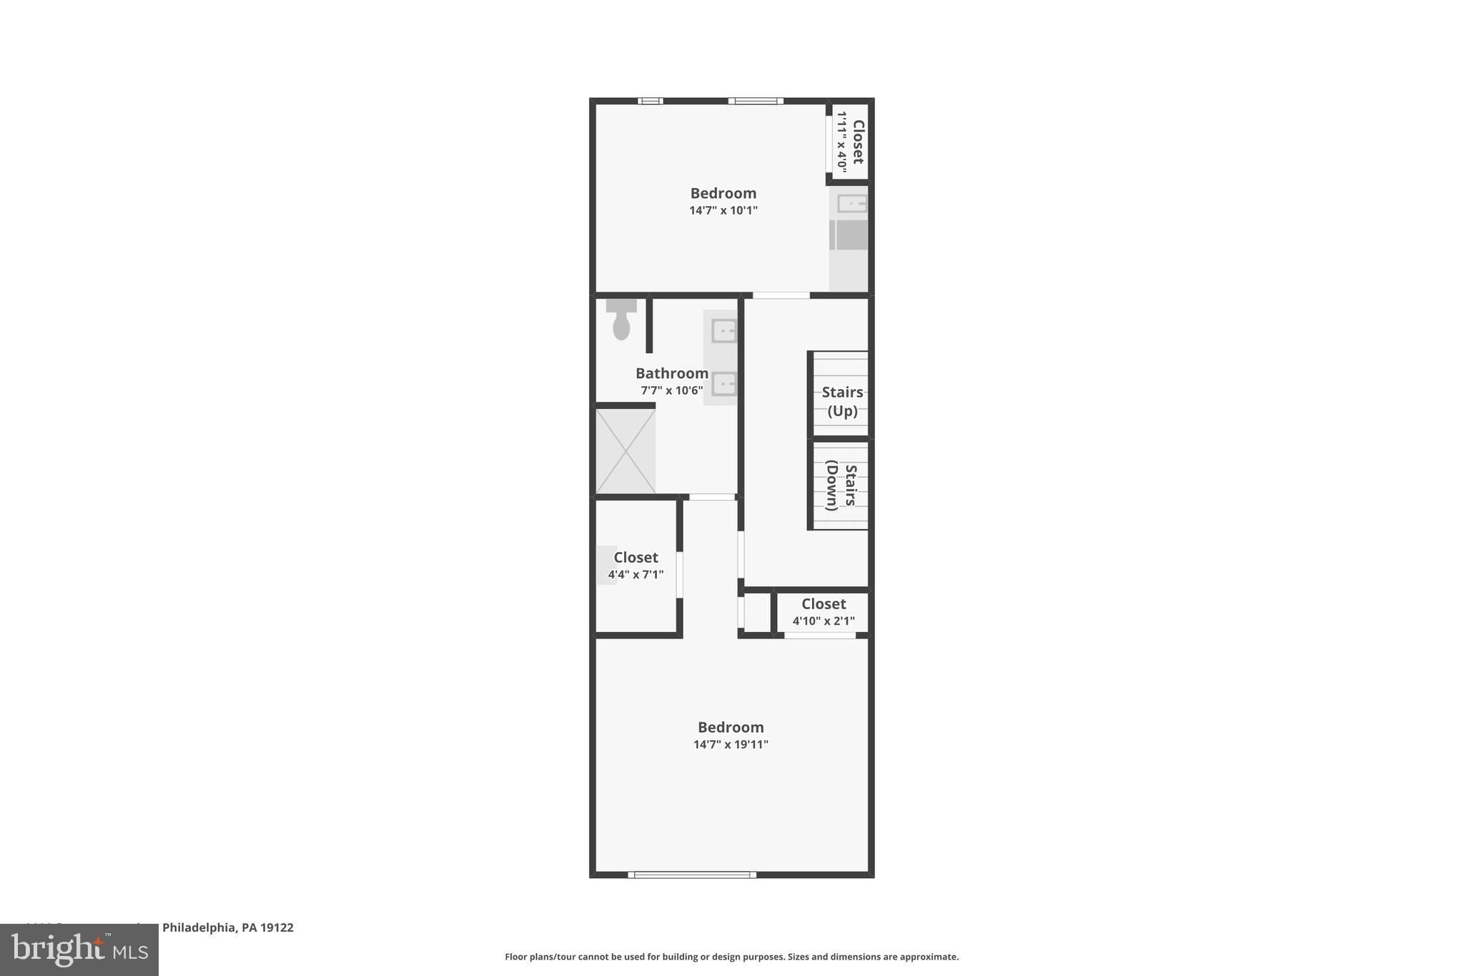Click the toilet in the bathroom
[x=620, y=320]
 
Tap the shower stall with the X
[x=625, y=450]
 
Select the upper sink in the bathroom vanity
[x=723, y=331]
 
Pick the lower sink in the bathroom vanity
[x=723, y=384]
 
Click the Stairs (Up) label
[x=842, y=401]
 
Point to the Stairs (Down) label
[x=841, y=485]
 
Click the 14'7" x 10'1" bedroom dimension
[x=723, y=210]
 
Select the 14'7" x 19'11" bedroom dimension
[x=731, y=744]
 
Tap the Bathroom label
[x=671, y=373]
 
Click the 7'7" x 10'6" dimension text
[x=671, y=390]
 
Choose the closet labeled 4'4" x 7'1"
[x=635, y=566]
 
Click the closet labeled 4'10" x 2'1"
[x=823, y=612]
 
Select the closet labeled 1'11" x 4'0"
[x=851, y=142]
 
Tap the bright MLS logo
[x=79, y=950]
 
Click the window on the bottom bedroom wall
[x=692, y=874]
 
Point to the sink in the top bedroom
[x=851, y=204]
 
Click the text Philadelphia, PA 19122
[x=227, y=927]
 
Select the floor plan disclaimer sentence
[x=731, y=957]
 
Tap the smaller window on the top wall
[x=650, y=101]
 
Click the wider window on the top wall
[x=756, y=101]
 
